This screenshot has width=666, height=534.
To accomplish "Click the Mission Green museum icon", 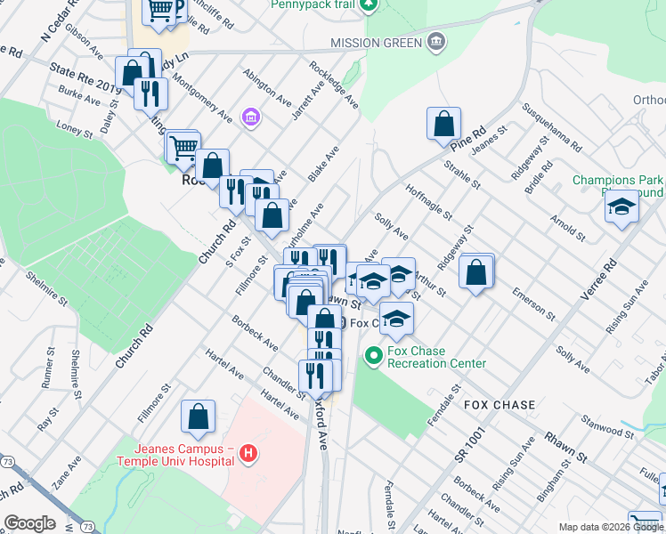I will (x=435, y=41).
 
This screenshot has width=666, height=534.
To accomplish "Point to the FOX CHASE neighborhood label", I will (x=499, y=405).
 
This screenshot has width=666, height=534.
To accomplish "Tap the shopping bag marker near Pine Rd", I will (x=443, y=125).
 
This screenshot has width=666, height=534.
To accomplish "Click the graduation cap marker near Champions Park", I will (x=621, y=208).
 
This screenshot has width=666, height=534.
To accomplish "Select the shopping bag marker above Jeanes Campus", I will (x=198, y=417).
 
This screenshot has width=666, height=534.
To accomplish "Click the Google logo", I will (x=29, y=523).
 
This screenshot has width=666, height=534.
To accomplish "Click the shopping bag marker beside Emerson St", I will (x=476, y=272).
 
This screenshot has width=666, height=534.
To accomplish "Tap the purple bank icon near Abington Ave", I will (x=250, y=117).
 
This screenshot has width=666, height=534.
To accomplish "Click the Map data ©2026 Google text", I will (x=610, y=527).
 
